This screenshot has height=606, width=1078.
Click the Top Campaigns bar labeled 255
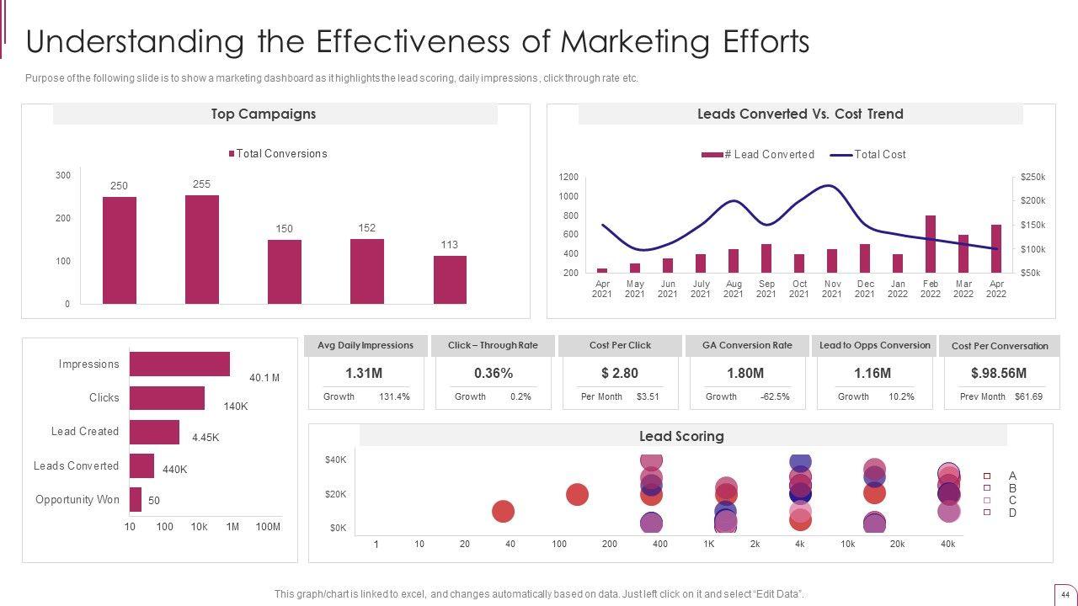coord(202,249)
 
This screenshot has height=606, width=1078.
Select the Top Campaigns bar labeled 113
coord(450,279)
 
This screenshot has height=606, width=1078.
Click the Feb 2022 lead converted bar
coord(931,244)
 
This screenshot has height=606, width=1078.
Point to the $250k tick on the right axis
coord(1033,177)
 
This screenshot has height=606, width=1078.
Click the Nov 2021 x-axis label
coord(832,289)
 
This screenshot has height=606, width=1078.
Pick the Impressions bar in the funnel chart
coord(179,364)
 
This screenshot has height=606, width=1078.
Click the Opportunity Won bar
coord(136,499)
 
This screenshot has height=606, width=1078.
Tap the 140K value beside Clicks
coord(236,407)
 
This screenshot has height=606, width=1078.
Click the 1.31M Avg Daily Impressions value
coord(364,373)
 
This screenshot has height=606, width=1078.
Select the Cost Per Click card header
coord(621,345)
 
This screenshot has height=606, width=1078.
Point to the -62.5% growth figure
coord(775,396)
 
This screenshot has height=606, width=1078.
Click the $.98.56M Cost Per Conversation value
coord(999,373)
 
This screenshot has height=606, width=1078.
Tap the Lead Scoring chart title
coord(681,436)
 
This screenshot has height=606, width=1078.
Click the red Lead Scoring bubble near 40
coord(503,511)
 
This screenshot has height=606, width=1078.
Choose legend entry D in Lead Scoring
coord(1012,513)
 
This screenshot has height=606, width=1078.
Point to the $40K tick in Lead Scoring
coord(335,460)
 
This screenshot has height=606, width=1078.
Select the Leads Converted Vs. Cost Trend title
coord(800,114)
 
